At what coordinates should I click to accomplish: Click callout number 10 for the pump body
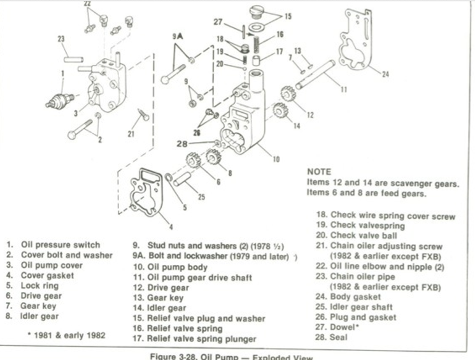[x=276, y=159]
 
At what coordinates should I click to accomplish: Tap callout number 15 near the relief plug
[x=288, y=16]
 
